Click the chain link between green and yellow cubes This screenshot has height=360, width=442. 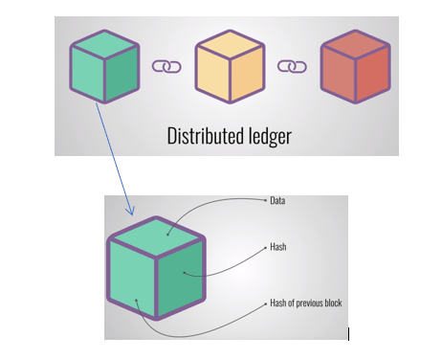click(x=166, y=67)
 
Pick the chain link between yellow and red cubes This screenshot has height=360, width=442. click(x=291, y=67)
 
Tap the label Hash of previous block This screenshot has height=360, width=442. click(x=304, y=304)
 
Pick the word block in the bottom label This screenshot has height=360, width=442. click(x=334, y=304)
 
